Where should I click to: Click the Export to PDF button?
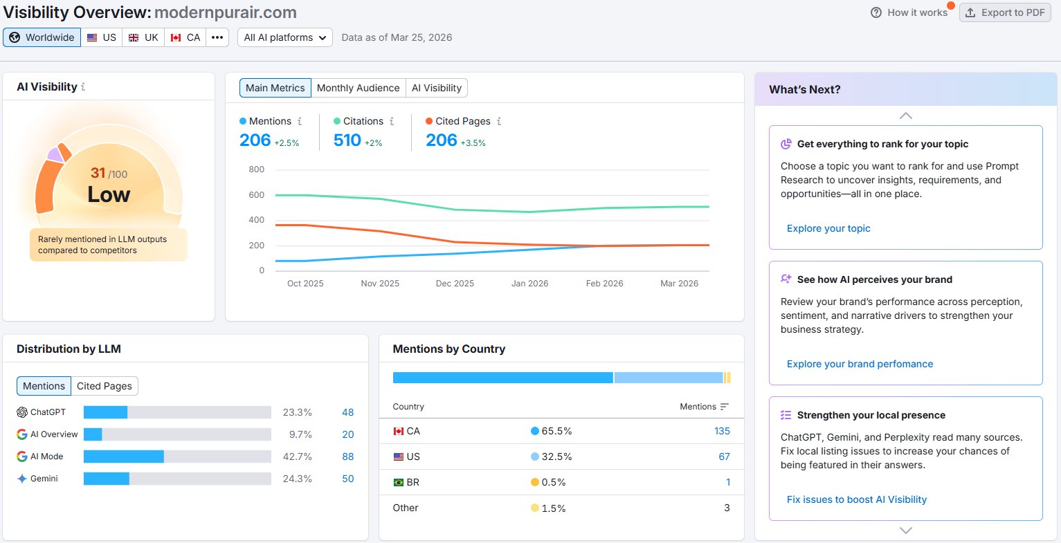[x=1005, y=12]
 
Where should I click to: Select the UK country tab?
[x=143, y=37]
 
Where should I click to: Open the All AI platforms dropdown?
[x=284, y=37]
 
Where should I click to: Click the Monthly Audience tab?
[x=358, y=88]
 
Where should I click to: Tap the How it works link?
[x=909, y=12]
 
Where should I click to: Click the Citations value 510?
[x=347, y=140]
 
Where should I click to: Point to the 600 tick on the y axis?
[x=256, y=194]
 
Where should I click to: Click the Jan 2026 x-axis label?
[x=529, y=283]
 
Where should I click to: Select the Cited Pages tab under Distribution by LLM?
[x=105, y=386]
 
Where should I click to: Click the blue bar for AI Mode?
[x=124, y=457]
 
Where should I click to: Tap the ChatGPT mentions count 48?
[x=347, y=412]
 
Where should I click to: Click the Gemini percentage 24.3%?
[x=298, y=479]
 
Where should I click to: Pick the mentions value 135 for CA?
[x=722, y=431]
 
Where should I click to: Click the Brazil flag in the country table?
[x=399, y=482]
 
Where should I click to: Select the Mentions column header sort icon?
[x=724, y=407]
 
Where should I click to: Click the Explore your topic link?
[x=828, y=228]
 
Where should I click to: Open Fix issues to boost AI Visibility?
[x=856, y=499]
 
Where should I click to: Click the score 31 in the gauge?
[x=98, y=173]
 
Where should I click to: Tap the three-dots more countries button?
[x=217, y=37]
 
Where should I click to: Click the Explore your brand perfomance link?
[x=860, y=364]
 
